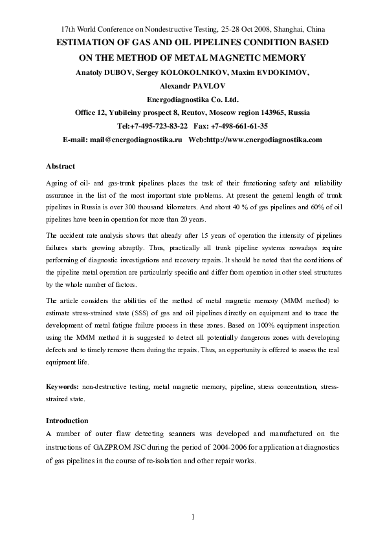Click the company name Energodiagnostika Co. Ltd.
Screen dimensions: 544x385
[193, 99]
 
